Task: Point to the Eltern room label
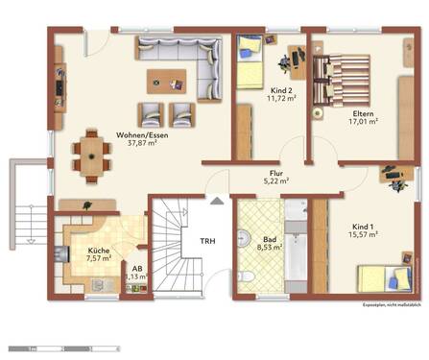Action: click(x=362, y=111)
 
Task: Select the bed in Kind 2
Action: click(x=250, y=61)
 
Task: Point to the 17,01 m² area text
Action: click(x=362, y=122)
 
